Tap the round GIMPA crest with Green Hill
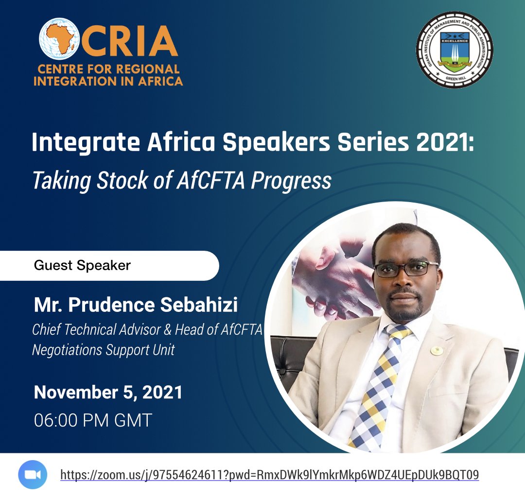click(454, 50)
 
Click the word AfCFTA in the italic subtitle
click(214, 181)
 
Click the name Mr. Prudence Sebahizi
click(136, 306)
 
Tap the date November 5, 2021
click(108, 393)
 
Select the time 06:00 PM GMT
click(93, 420)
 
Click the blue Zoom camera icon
click(33, 474)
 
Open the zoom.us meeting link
click(269, 474)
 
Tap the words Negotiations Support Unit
click(103, 349)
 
